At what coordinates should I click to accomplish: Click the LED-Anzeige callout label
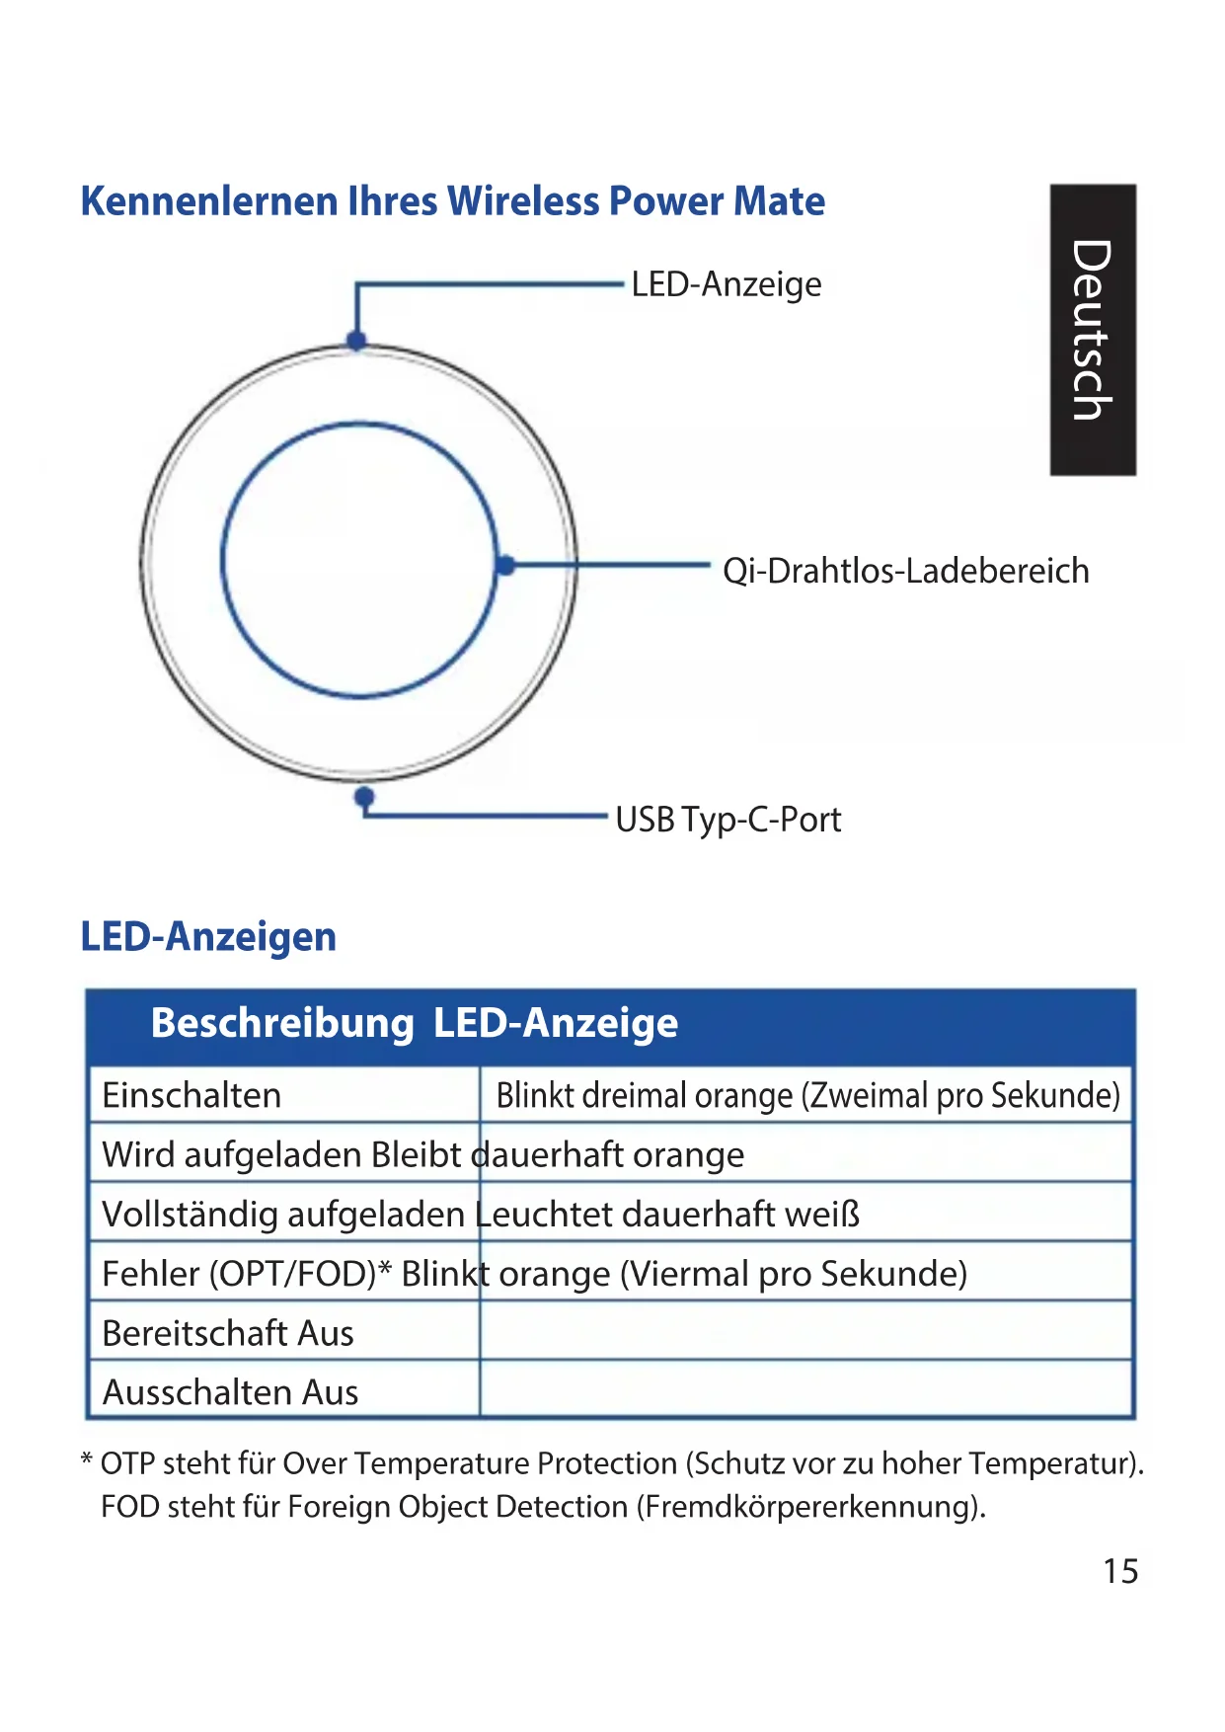(x=726, y=284)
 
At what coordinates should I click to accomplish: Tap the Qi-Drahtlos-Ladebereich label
(x=905, y=571)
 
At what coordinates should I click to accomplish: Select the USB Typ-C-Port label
(x=727, y=820)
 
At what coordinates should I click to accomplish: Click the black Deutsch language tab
(x=1093, y=330)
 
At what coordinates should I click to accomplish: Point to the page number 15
(x=1120, y=1571)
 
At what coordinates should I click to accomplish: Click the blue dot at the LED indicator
(x=357, y=341)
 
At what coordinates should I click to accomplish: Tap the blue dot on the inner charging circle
(x=505, y=566)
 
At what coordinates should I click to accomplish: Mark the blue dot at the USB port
(x=364, y=796)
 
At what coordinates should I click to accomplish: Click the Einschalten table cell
(x=191, y=1095)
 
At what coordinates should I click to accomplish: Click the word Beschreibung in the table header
(x=282, y=1023)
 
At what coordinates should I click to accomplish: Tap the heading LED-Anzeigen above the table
(x=208, y=936)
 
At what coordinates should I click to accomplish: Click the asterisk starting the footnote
(x=87, y=1459)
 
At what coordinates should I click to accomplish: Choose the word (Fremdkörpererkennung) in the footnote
(x=810, y=1507)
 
